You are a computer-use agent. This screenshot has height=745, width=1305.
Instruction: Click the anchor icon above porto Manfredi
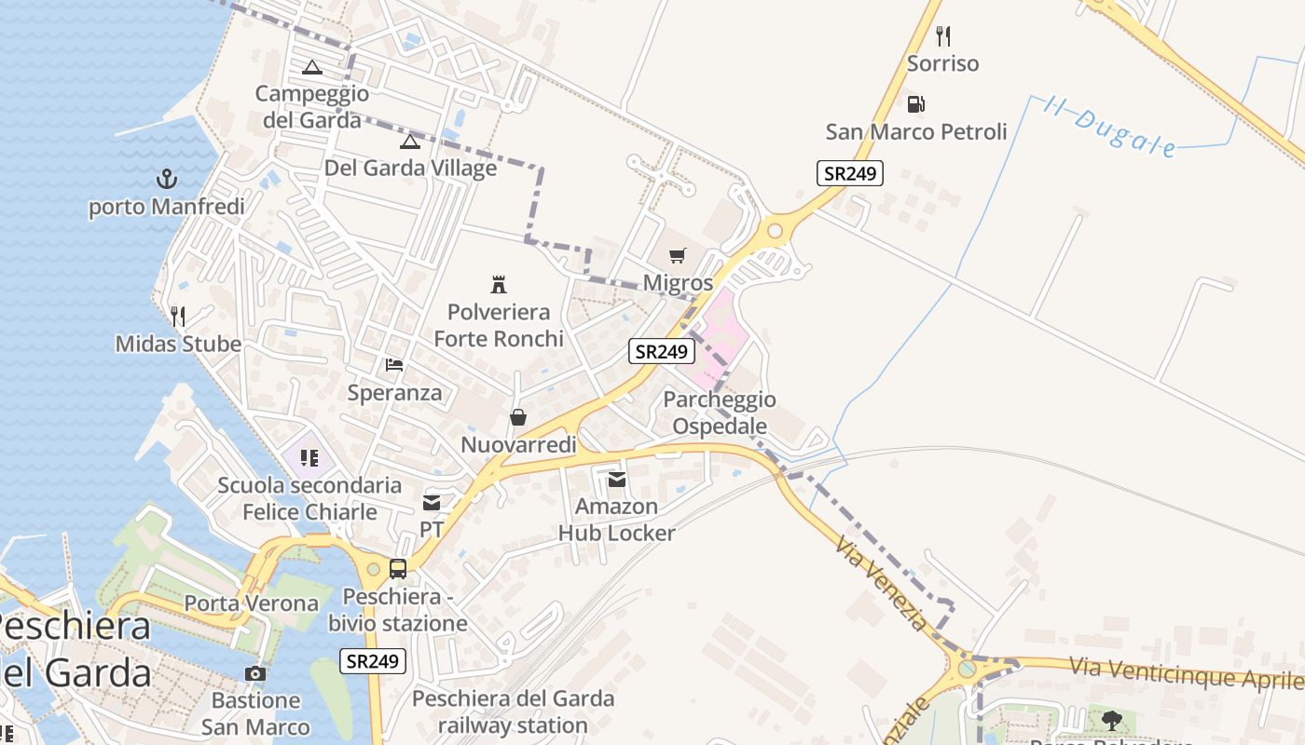coord(166,178)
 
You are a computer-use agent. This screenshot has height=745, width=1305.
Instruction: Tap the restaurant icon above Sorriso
coord(943,36)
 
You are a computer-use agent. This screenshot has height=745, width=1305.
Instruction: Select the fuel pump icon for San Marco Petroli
coord(916,104)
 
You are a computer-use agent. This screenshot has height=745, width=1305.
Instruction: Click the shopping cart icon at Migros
coord(678,255)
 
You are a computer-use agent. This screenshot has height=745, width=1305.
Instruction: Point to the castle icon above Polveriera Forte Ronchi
coord(499,284)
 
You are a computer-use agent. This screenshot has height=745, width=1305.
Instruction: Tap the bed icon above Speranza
coord(394,364)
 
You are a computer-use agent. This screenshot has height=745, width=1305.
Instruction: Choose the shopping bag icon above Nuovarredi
coord(518,417)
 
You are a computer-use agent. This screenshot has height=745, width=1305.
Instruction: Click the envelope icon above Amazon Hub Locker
coord(616,480)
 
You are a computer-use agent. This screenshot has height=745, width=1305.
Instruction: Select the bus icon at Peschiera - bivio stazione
coord(398,568)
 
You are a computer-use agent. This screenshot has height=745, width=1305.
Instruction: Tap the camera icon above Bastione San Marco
coord(255,673)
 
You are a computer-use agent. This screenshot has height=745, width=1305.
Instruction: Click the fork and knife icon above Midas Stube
coord(178,317)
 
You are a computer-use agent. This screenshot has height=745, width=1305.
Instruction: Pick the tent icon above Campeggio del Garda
coord(311,67)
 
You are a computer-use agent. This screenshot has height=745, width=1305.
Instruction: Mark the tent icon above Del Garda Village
coord(410,142)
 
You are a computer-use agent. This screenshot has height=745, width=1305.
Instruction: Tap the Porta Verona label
coord(251,603)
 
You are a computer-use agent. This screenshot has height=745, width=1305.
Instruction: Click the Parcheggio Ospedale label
coord(719,413)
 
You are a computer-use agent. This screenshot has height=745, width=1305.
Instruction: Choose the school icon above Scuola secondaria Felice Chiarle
coord(309,458)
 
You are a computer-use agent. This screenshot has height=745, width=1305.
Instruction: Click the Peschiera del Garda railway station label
coord(513,711)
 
